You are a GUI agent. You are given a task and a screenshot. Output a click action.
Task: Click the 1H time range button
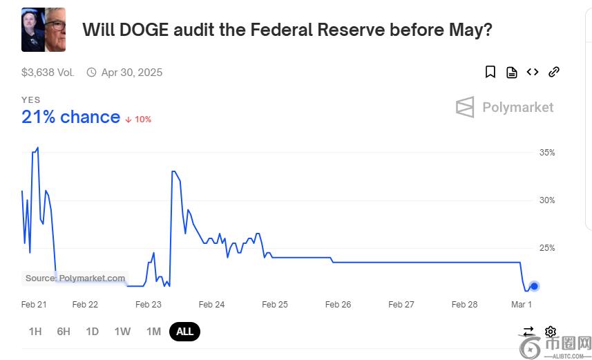[x=35, y=332]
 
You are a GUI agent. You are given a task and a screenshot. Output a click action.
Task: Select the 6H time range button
[x=64, y=332]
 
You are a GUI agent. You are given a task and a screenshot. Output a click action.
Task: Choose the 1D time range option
[x=92, y=332]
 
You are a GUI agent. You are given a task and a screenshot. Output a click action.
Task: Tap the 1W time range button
[x=122, y=332]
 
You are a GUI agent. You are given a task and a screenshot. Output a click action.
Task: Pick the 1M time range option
[x=153, y=332]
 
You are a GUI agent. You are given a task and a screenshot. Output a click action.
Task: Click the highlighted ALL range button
[x=184, y=332]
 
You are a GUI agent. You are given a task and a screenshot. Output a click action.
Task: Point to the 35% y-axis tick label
[x=547, y=153]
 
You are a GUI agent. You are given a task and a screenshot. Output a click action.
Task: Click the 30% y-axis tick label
[x=547, y=200]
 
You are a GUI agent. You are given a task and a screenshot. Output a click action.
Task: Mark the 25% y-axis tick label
[x=547, y=248]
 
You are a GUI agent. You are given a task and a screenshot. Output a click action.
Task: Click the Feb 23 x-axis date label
[x=148, y=305]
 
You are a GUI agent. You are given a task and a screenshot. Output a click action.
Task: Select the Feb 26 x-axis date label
[x=338, y=305]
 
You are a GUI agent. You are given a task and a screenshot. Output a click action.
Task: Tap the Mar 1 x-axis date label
[x=522, y=305]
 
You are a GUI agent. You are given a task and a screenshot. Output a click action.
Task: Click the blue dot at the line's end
[x=534, y=286]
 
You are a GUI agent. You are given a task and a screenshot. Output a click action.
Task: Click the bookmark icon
[x=490, y=72]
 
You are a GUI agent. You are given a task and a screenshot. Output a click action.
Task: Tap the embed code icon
[x=533, y=72]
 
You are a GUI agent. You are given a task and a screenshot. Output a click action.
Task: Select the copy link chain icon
[x=553, y=72]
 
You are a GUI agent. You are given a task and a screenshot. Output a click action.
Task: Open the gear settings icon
[x=551, y=332]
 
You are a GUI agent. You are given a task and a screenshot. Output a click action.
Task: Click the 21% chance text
[x=70, y=117]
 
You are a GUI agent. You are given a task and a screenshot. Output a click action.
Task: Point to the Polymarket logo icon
[x=465, y=107]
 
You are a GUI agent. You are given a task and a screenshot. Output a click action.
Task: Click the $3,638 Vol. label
[x=48, y=73]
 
